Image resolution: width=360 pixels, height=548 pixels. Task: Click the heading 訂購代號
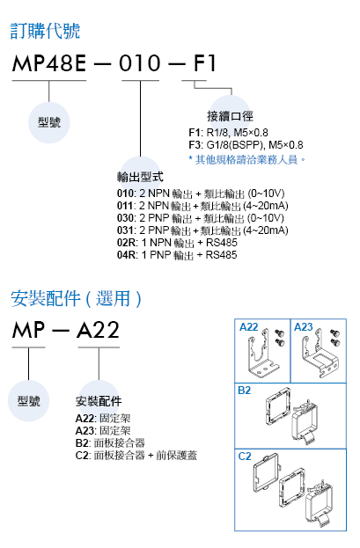(x=45, y=31)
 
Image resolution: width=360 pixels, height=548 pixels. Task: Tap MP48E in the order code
(x=49, y=63)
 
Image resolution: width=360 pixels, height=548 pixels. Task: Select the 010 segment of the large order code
(x=140, y=63)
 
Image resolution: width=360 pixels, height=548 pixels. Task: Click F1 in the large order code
(x=205, y=63)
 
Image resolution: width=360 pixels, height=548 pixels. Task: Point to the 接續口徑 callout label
(x=230, y=116)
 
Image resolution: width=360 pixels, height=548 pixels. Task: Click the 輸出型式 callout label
(x=140, y=177)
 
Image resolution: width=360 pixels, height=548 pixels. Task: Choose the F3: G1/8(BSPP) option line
(x=246, y=144)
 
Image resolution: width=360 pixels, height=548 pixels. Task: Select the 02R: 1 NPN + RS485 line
(x=177, y=243)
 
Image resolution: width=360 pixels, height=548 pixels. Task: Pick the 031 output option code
(x=126, y=230)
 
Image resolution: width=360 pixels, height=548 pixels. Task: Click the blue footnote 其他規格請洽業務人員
(x=247, y=160)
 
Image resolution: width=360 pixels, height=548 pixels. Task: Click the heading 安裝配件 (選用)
(x=76, y=299)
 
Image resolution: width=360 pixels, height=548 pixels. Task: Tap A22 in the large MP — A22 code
(x=99, y=330)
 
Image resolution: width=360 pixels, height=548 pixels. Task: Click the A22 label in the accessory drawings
(x=248, y=327)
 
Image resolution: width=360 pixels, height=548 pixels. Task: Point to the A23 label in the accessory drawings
(x=304, y=327)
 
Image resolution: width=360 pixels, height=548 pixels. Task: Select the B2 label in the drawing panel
(x=244, y=391)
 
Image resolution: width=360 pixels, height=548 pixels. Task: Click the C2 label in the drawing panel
(x=245, y=457)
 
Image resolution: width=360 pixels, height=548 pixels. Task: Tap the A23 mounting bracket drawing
(x=320, y=356)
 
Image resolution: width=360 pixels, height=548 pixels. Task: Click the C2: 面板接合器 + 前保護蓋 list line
(x=136, y=456)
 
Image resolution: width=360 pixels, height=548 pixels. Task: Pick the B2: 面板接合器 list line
(x=110, y=443)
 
